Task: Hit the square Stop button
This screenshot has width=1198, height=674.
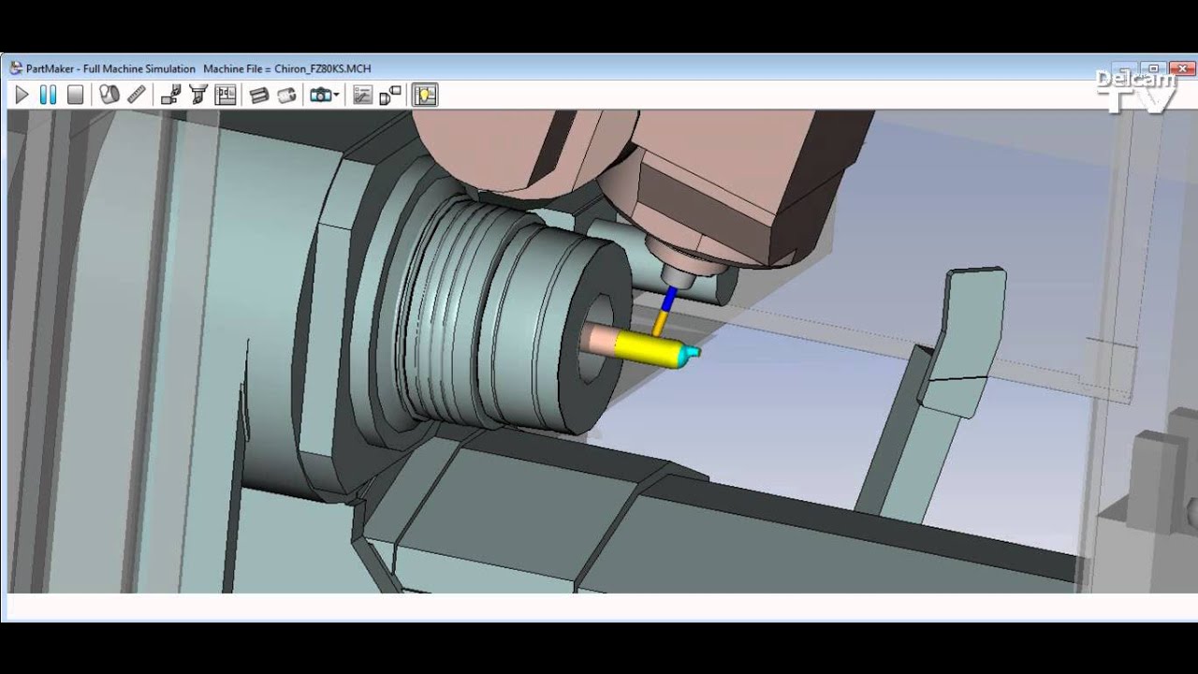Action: pyautogui.click(x=76, y=95)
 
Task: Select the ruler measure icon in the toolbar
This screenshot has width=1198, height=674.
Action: pyautogui.click(x=137, y=95)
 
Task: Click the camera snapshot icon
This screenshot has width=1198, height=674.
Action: pyautogui.click(x=320, y=95)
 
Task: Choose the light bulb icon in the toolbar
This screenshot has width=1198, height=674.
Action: pyautogui.click(x=425, y=95)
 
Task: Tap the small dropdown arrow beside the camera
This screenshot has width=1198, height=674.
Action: pyautogui.click(x=336, y=95)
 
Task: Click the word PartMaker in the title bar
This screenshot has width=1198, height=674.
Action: pyautogui.click(x=51, y=68)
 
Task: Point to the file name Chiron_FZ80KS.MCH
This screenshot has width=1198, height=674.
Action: pyautogui.click(x=323, y=68)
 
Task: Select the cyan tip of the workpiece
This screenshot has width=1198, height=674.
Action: pyautogui.click(x=690, y=353)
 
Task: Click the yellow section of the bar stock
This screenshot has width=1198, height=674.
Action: pyautogui.click(x=646, y=349)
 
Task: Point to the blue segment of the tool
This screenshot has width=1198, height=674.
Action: pyautogui.click(x=669, y=300)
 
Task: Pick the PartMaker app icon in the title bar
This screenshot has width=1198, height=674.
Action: pyautogui.click(x=15, y=68)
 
